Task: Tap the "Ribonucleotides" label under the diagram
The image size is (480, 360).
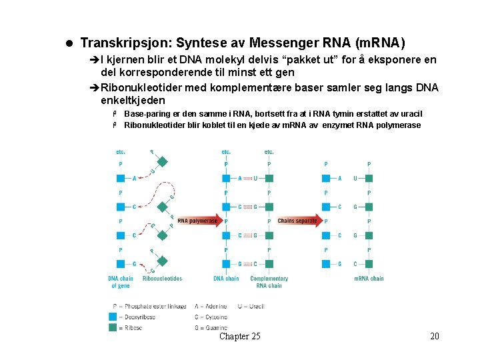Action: [162, 279]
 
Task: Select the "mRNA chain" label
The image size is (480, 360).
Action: [369, 279]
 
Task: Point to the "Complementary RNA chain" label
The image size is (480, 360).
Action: [269, 282]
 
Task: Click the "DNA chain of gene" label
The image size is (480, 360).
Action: [121, 282]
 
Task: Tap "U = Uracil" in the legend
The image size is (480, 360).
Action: [247, 307]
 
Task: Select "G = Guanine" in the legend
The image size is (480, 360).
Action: [211, 327]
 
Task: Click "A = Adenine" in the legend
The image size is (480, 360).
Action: [211, 307]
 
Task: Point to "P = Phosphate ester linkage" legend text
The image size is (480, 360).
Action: [149, 307]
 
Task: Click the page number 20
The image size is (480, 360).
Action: [435, 336]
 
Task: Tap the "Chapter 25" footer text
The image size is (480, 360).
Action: [240, 336]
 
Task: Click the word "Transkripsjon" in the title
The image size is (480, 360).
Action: [124, 43]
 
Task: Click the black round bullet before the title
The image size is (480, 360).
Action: [69, 44]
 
